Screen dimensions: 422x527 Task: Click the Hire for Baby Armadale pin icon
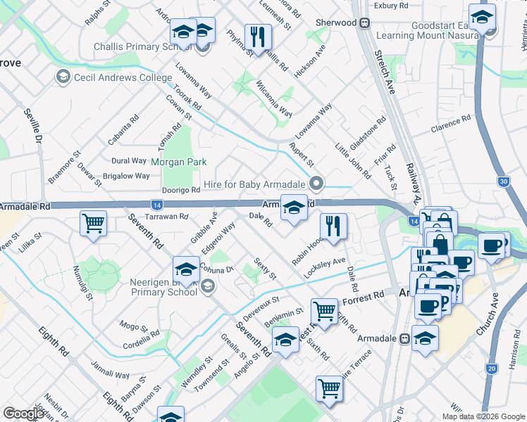[317, 184]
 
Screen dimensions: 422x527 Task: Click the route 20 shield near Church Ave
[491, 368]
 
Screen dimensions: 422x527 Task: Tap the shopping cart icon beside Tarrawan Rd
[93, 224]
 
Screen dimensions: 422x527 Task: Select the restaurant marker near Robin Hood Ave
[333, 226]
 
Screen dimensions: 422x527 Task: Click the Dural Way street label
[129, 161]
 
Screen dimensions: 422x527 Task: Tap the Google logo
[23, 414]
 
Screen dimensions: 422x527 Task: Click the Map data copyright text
[483, 416]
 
